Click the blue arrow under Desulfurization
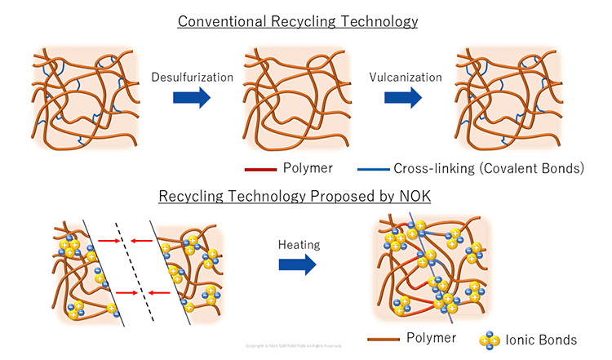pos(193,99)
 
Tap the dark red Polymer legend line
pos(262,170)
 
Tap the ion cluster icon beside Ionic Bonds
pos(490,339)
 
